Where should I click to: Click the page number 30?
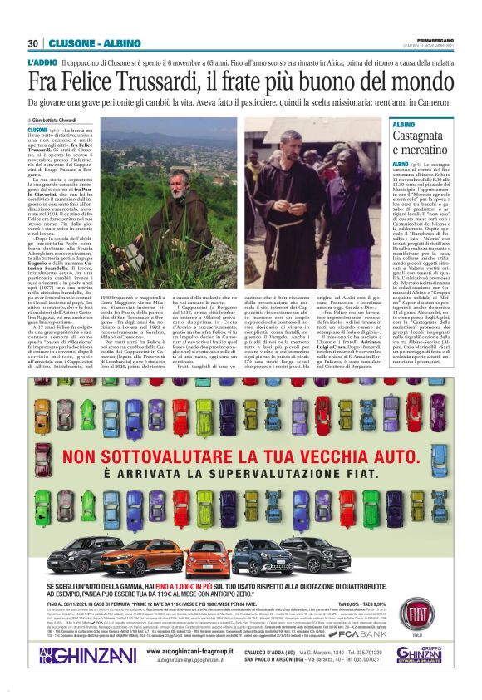[x=33, y=43]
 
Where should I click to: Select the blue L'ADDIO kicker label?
[x=42, y=63]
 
